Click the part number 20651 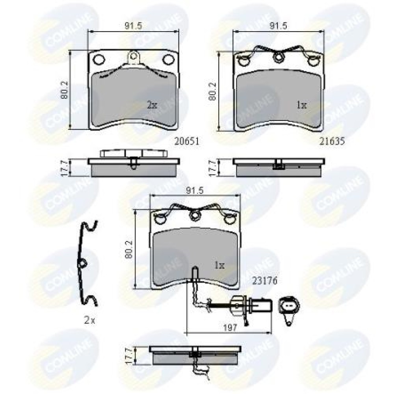[187, 142]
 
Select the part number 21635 [332, 142]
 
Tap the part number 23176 [265, 281]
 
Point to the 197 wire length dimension [230, 328]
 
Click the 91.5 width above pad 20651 [134, 26]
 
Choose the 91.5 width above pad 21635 [278, 26]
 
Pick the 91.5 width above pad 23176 [195, 191]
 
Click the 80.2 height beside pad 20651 [65, 90]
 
